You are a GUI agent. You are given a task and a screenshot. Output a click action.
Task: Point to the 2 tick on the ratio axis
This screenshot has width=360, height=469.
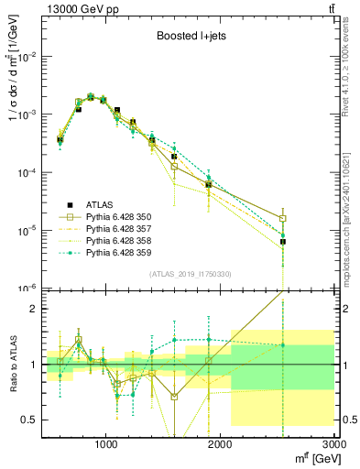tap(30, 309)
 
